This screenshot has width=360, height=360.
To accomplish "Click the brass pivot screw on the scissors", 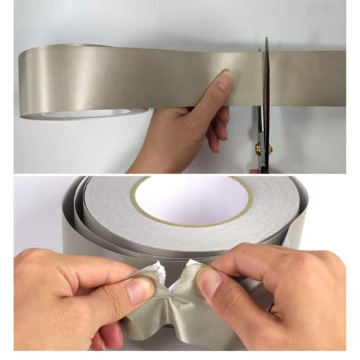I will tap(258, 149).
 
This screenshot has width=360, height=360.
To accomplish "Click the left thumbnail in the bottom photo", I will tap(139, 290).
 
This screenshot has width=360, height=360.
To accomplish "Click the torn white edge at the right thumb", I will tap(189, 269).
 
